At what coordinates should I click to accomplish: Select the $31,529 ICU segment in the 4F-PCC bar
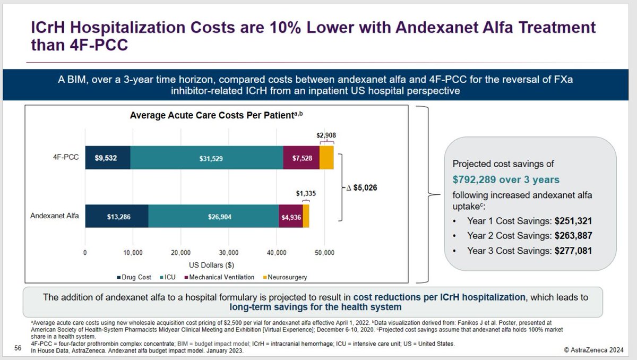(207, 158)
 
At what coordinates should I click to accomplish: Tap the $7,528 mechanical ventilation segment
(301, 158)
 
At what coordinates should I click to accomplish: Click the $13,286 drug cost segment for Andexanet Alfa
(117, 216)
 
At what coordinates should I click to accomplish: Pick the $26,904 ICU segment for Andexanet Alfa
(213, 216)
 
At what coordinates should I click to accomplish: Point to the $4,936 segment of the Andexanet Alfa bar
(290, 216)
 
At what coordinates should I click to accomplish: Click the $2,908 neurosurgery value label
(326, 135)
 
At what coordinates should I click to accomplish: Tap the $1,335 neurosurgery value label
(306, 195)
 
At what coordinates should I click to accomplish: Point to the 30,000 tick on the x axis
(229, 253)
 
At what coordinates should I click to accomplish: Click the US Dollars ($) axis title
(212, 264)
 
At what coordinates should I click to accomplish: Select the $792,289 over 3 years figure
(506, 179)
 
